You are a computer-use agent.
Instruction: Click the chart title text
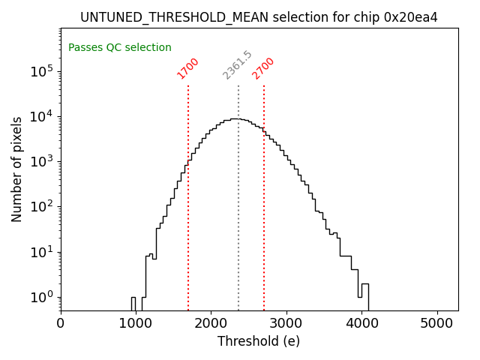(x=259, y=17)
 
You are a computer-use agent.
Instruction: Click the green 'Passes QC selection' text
(x=120, y=48)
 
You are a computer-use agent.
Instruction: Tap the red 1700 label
(x=187, y=67)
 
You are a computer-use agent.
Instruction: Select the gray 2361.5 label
(x=238, y=65)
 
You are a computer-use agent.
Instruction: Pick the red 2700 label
(x=263, y=67)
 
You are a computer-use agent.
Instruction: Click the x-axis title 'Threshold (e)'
(x=259, y=342)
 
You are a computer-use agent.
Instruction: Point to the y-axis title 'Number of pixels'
(x=17, y=169)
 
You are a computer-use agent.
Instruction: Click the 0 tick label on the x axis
(x=61, y=324)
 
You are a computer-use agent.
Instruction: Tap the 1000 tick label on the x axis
(x=136, y=324)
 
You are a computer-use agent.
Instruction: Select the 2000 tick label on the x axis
(x=211, y=324)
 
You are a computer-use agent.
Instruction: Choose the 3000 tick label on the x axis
(x=286, y=324)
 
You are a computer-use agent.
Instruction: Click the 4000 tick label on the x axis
(x=362, y=324)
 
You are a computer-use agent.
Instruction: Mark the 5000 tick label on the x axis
(x=437, y=324)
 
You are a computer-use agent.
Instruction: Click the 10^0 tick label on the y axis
(x=42, y=297)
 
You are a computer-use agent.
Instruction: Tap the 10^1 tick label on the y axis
(x=42, y=252)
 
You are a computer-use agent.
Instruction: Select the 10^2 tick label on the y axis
(x=42, y=207)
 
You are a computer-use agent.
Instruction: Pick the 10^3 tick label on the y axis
(x=42, y=161)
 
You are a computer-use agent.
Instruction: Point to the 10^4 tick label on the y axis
(x=42, y=116)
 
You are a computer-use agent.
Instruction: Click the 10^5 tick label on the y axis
(x=42, y=71)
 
